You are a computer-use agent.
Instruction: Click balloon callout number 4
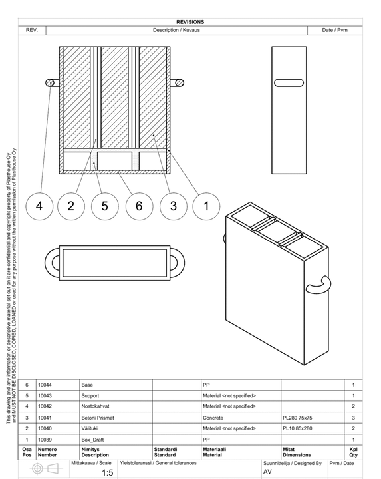[x=39, y=206]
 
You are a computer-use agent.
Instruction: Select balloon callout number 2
[x=71, y=206]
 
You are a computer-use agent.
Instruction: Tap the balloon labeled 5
[x=104, y=206]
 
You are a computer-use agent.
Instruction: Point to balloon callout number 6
[x=139, y=206]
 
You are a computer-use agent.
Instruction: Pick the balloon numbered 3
[x=173, y=206]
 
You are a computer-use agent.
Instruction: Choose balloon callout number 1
[x=206, y=206]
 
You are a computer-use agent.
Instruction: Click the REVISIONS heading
[x=190, y=22]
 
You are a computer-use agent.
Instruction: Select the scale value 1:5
[x=108, y=472]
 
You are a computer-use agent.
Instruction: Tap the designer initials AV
[x=267, y=472]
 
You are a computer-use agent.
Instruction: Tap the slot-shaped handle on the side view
[x=289, y=83]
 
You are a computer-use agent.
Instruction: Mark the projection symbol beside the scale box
[x=47, y=468]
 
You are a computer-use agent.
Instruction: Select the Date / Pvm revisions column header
[x=334, y=30]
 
